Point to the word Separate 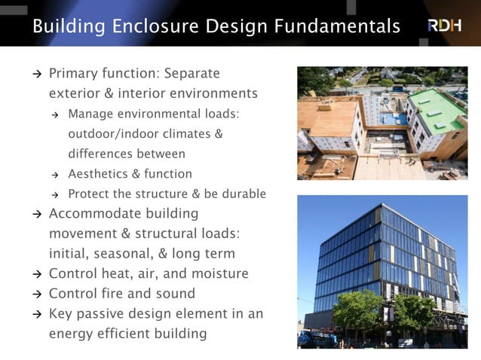point(192,74)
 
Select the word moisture point(221,273)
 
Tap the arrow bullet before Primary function point(36,75)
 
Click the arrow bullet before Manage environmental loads point(55,114)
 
